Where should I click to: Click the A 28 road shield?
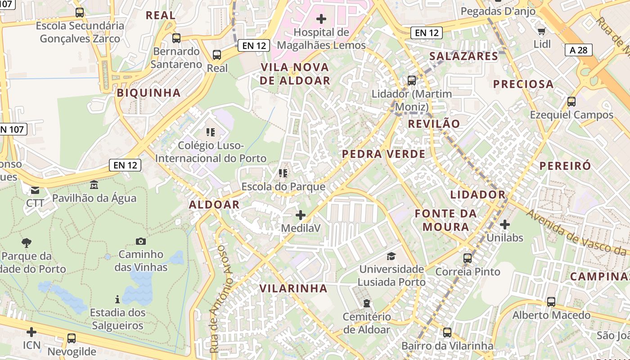[579, 50]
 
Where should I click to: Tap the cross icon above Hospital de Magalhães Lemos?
[321, 19]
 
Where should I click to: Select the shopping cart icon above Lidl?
[542, 31]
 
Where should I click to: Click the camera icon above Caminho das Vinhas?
[141, 242]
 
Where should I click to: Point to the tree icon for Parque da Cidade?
[27, 243]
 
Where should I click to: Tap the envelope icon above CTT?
[35, 190]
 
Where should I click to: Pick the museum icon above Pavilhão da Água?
[94, 185]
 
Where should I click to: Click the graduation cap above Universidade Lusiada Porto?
[391, 256]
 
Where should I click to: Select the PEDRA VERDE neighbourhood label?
[383, 154]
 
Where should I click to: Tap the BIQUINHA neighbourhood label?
[148, 93]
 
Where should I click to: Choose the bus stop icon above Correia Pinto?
[468, 258]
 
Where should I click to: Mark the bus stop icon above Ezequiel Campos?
[571, 102]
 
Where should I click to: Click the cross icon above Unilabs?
[505, 224]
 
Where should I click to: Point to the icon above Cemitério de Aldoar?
[367, 303]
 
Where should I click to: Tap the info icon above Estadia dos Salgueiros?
[117, 299]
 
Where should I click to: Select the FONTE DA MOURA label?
[445, 220]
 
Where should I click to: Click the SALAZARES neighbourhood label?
[463, 56]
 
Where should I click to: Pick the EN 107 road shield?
[13, 130]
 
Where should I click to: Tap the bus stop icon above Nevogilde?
[72, 338]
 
